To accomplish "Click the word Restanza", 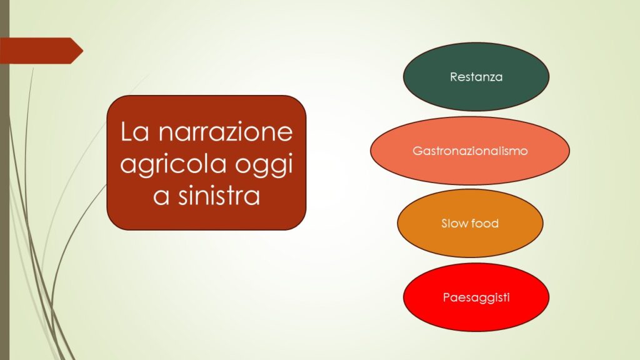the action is click(x=476, y=77).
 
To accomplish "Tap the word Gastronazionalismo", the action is click(x=470, y=151).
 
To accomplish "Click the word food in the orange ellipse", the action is click(x=484, y=223).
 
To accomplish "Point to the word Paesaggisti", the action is click(x=476, y=297).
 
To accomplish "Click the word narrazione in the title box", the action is click(x=225, y=132).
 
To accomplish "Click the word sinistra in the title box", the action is click(x=219, y=196).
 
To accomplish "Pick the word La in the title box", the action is click(x=135, y=131).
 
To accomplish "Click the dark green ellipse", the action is click(x=476, y=77).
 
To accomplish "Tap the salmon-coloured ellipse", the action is click(x=470, y=151).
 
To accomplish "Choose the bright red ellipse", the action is click(x=476, y=297).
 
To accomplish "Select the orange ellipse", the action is click(x=470, y=223).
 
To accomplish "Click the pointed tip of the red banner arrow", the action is click(x=83, y=51).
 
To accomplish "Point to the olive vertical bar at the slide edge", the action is click(x=4, y=180).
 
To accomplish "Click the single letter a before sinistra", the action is click(x=161, y=196).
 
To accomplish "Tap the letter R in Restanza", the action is click(x=454, y=77).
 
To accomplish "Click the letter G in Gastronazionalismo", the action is click(x=417, y=151).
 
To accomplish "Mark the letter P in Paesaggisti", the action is click(x=446, y=297).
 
